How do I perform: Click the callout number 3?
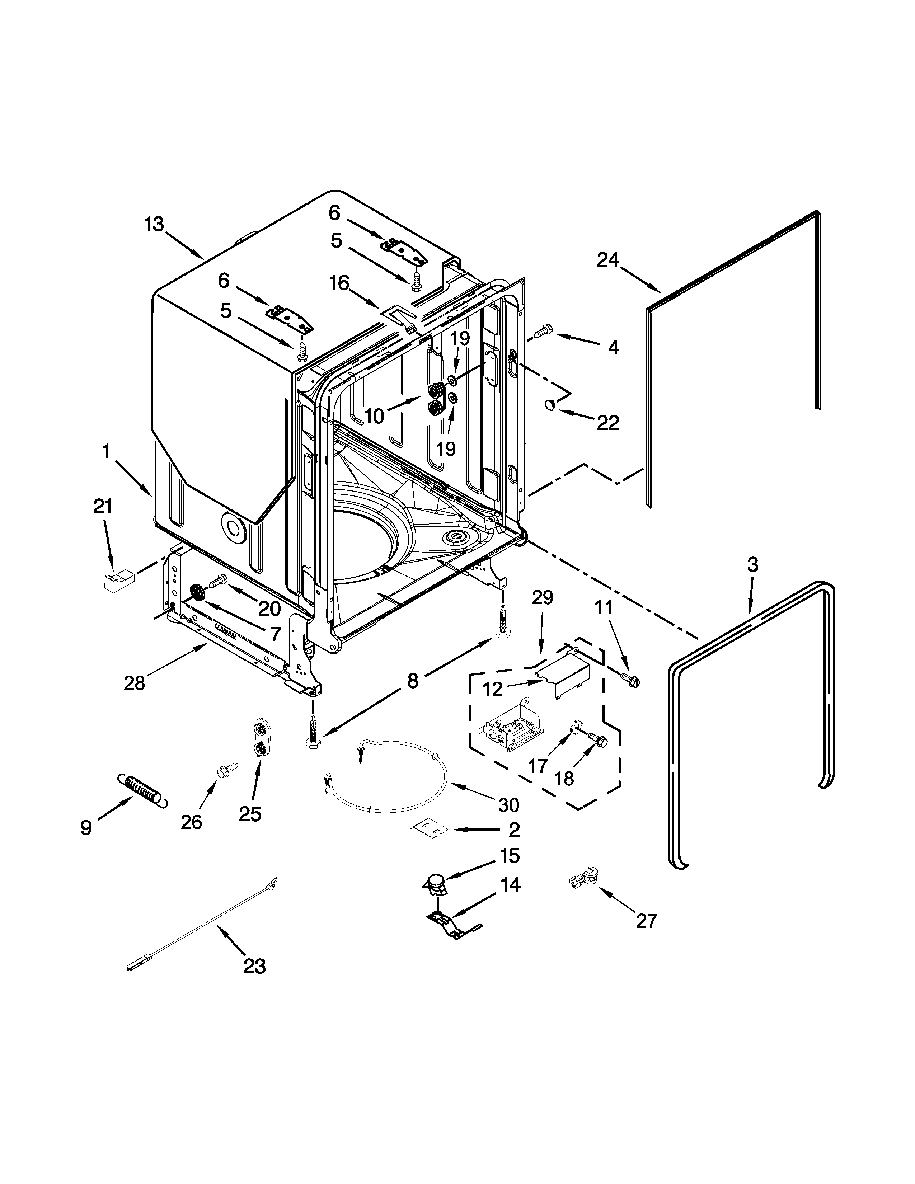752,564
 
